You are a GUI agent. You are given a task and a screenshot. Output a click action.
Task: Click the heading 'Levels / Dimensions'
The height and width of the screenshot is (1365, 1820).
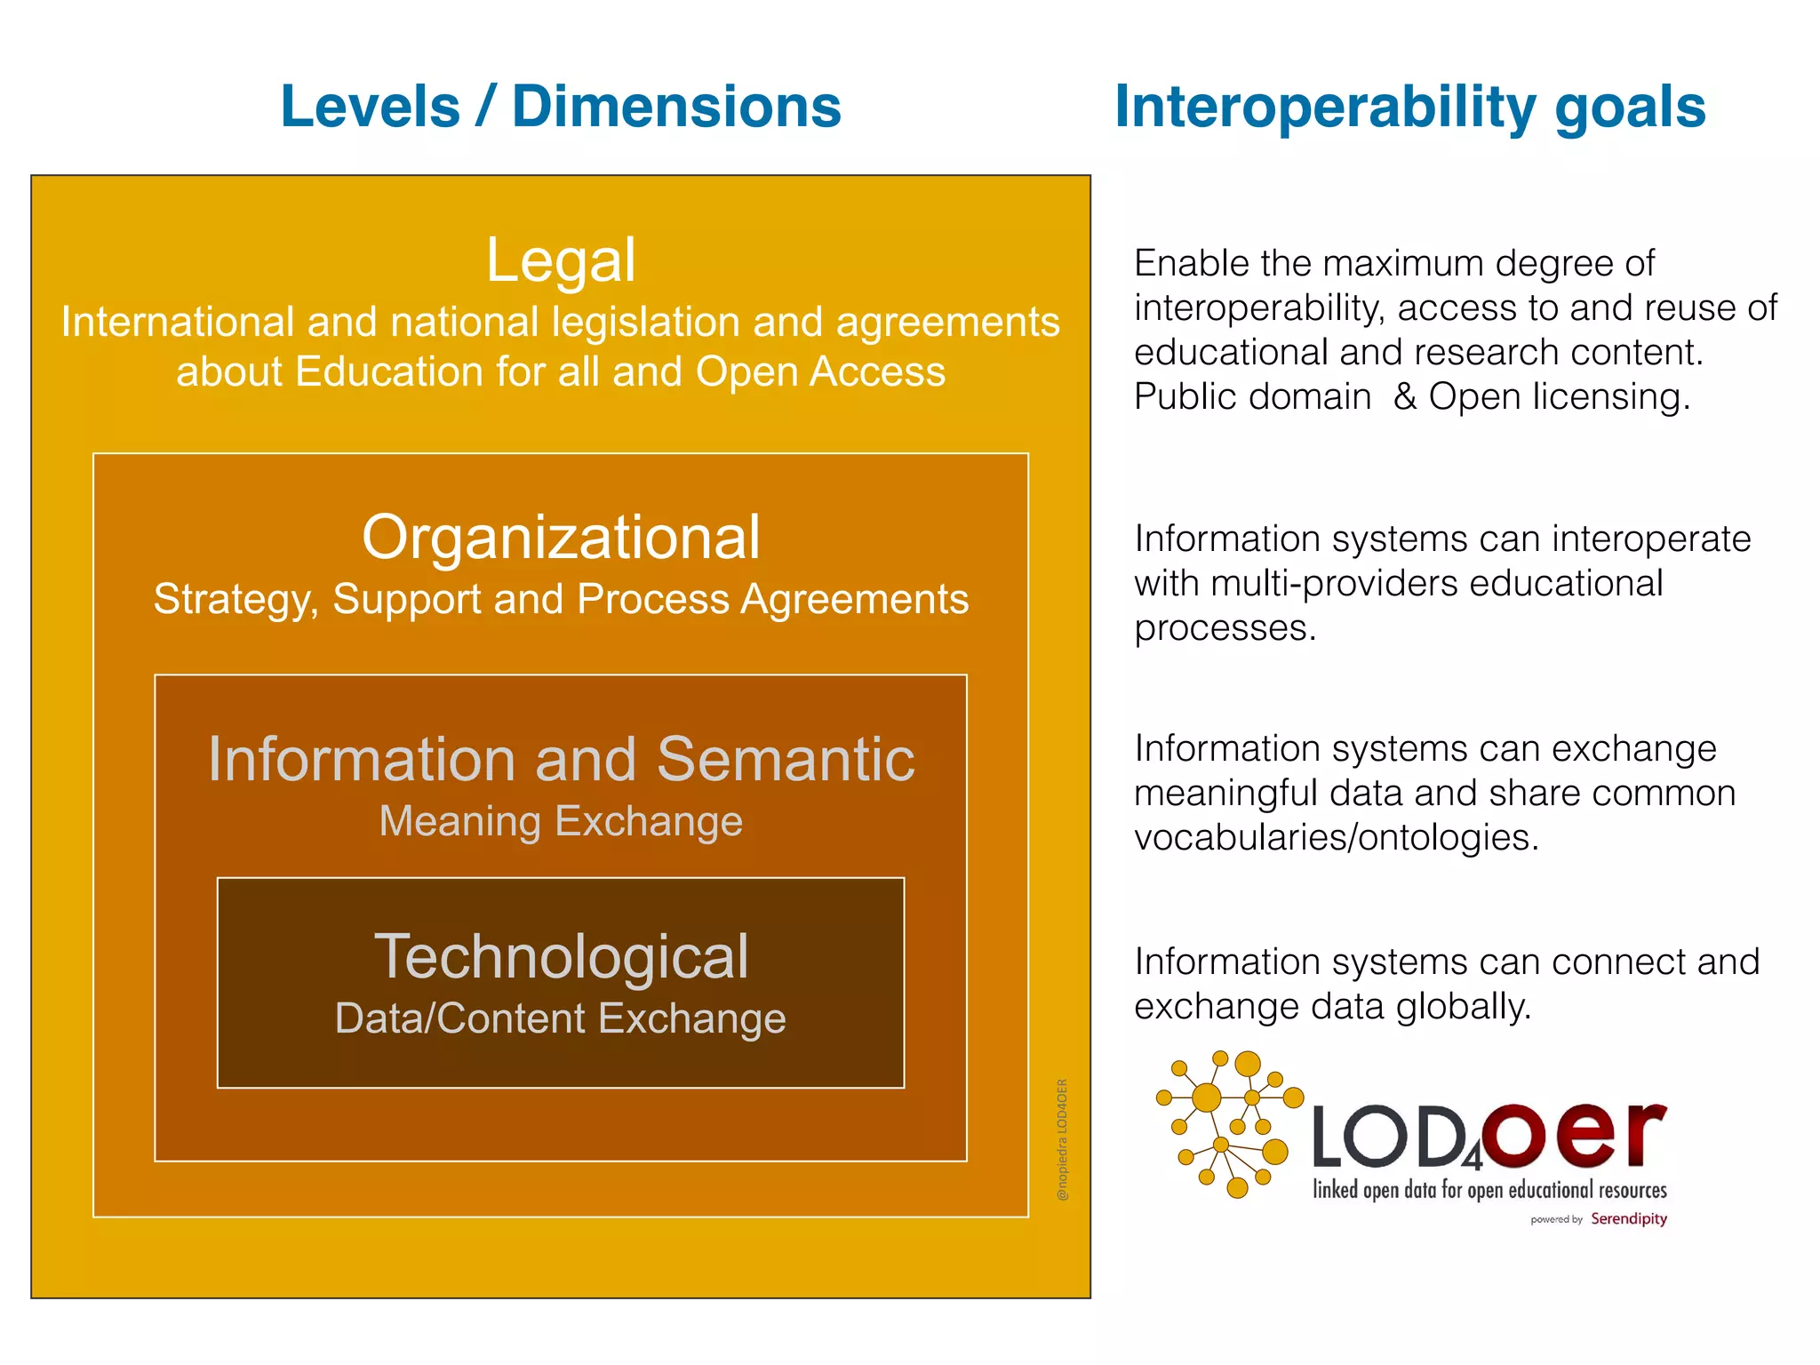pyautogui.click(x=560, y=108)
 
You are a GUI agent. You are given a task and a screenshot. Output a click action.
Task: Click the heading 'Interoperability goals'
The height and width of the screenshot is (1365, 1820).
pyautogui.click(x=1409, y=108)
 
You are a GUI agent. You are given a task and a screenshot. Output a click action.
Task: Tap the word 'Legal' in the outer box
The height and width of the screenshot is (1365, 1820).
pyautogui.click(x=561, y=260)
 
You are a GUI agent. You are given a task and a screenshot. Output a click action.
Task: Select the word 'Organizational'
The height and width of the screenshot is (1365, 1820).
pyautogui.click(x=561, y=538)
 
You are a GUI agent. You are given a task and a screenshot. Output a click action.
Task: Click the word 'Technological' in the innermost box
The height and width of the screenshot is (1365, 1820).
pyautogui.click(x=561, y=957)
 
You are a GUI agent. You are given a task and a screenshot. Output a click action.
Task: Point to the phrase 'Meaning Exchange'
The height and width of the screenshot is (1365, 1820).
pyautogui.click(x=561, y=821)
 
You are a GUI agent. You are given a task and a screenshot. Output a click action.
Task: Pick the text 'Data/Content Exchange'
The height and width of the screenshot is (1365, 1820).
pyautogui.click(x=561, y=1018)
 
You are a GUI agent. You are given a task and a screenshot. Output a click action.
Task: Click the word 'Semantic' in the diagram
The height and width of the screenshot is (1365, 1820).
pyautogui.click(x=786, y=760)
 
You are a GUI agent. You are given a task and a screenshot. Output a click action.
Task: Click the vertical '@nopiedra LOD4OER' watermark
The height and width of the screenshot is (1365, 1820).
pyautogui.click(x=1062, y=1139)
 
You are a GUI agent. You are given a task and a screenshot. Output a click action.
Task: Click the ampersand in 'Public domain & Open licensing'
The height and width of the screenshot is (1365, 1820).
pyautogui.click(x=1404, y=396)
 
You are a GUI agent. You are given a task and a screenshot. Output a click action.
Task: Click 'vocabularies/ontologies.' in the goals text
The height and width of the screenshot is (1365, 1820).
pyautogui.click(x=1336, y=838)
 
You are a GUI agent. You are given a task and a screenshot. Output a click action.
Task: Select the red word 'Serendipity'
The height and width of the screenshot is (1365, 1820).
pyautogui.click(x=1628, y=1218)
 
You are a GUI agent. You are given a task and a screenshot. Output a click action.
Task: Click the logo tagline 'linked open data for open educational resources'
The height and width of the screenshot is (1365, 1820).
pyautogui.click(x=1489, y=1190)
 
